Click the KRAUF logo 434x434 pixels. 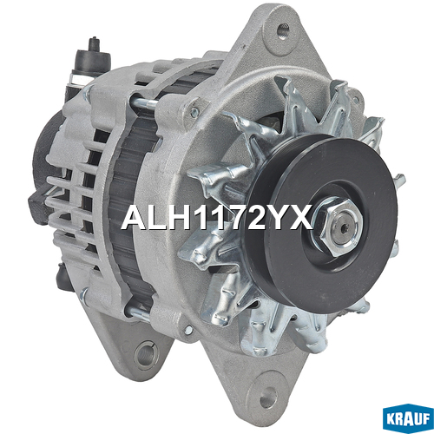coord(408,419)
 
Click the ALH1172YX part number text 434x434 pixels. coord(217,218)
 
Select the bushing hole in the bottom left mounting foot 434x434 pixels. coord(146,355)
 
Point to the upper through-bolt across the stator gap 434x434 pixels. coord(143,102)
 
